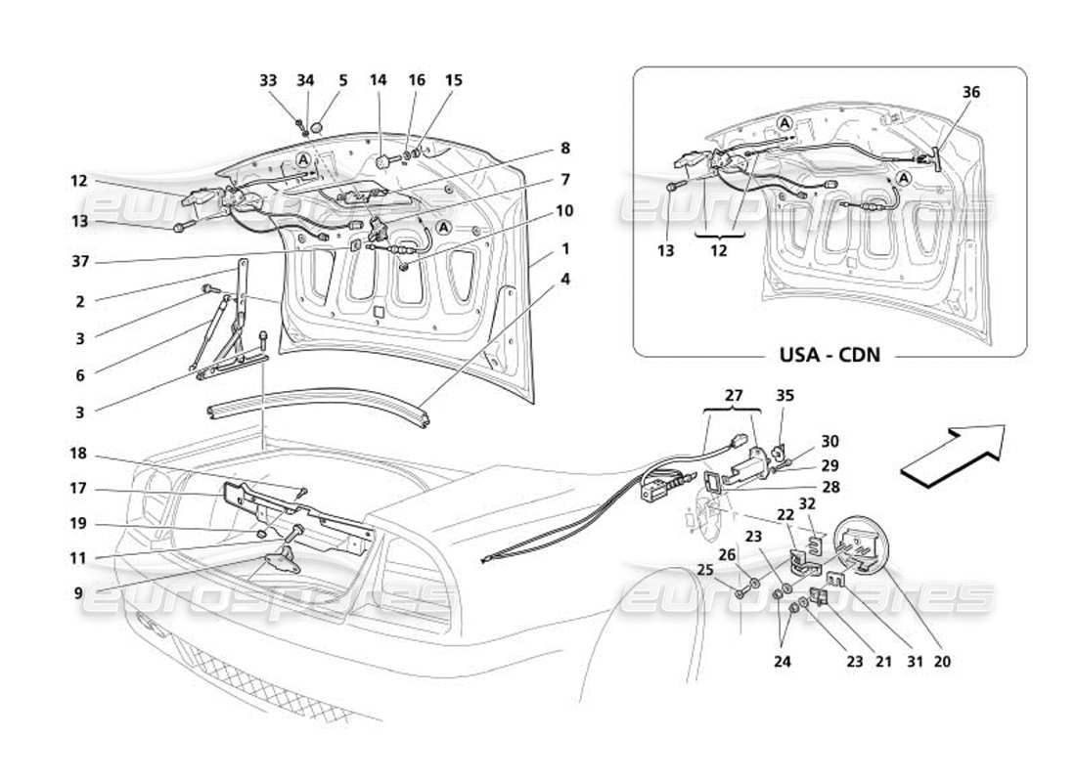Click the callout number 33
tap(268, 81)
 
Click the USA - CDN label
tap(829, 354)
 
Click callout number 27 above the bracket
tap(733, 396)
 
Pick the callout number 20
tap(942, 662)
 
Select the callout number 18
tap(79, 453)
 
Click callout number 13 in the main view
tap(79, 222)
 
